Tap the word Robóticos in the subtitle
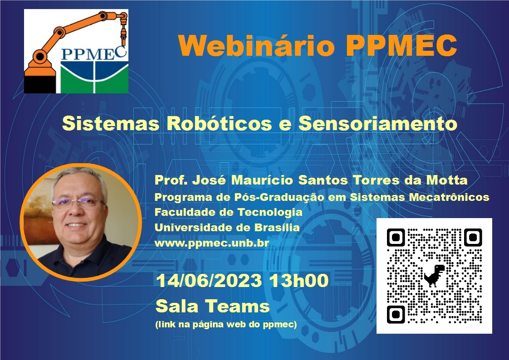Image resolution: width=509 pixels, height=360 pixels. (x=219, y=123)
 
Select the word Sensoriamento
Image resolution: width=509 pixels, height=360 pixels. (x=377, y=123)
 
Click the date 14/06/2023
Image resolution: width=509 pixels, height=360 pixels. (x=209, y=281)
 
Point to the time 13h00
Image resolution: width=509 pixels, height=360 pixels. (x=299, y=281)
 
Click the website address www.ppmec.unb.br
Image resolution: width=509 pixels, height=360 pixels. (x=212, y=243)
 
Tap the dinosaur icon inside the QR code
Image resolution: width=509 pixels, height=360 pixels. (x=434, y=276)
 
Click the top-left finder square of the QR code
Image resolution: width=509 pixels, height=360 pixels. (x=396, y=238)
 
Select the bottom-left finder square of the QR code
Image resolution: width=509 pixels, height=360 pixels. (x=396, y=314)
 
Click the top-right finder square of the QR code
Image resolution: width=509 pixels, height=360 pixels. (x=473, y=238)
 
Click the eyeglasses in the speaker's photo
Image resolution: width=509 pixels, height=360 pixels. (x=79, y=202)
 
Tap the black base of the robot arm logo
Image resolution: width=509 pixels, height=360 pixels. (x=40, y=85)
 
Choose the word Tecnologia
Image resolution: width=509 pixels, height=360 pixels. (x=270, y=212)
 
